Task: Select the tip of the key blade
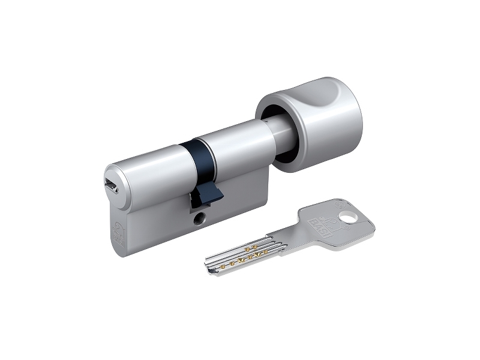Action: [209, 263]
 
